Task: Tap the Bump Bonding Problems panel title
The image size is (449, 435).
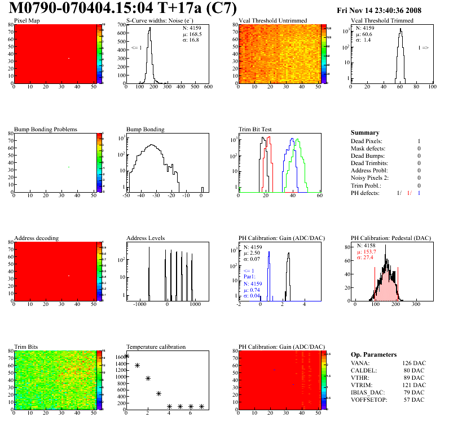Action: click(x=45, y=129)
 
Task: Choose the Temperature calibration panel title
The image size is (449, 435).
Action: click(x=156, y=347)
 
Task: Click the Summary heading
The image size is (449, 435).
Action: click(x=365, y=132)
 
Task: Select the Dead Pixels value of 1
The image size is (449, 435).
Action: click(x=419, y=141)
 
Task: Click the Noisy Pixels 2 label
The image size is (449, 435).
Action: click(x=370, y=178)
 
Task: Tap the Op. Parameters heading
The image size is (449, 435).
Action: click(x=373, y=354)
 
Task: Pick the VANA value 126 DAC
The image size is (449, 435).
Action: click(x=413, y=363)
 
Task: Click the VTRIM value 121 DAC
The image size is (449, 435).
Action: click(x=413, y=385)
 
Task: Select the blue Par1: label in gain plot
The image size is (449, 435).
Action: click(x=250, y=276)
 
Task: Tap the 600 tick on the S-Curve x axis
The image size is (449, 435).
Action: click(x=208, y=87)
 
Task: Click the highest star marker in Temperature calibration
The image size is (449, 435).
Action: click(x=126, y=356)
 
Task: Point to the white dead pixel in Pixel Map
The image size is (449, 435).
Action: click(x=69, y=58)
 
